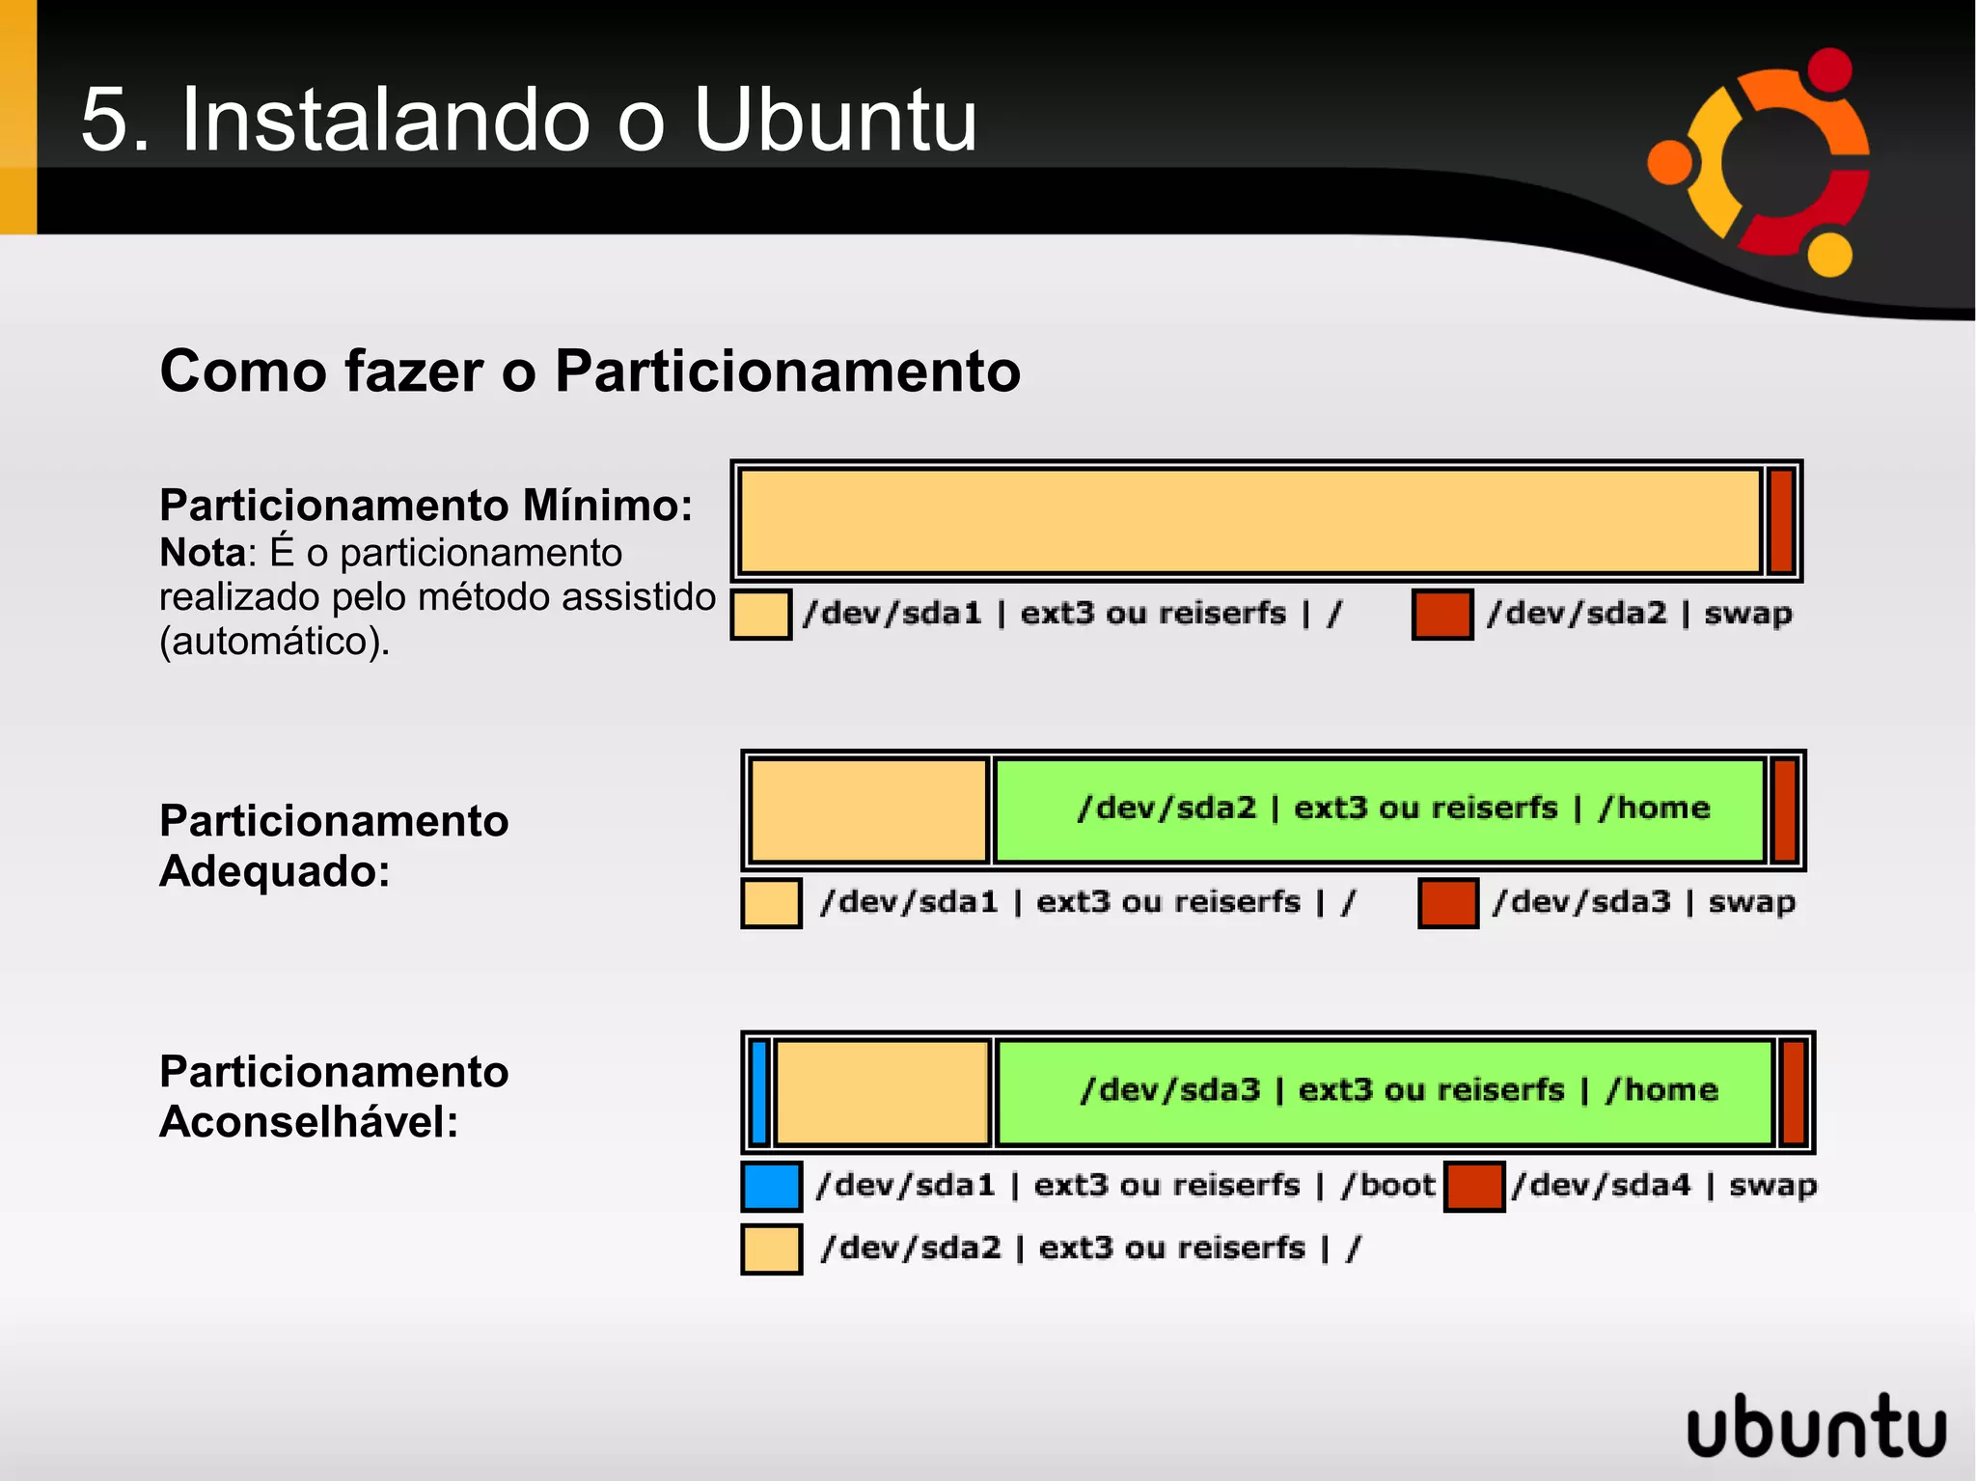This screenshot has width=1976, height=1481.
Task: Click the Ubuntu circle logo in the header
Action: point(1758,162)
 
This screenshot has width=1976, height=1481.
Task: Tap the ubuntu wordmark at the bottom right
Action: point(1816,1426)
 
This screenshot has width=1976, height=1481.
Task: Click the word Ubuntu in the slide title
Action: point(835,120)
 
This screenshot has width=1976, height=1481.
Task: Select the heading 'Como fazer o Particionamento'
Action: point(590,370)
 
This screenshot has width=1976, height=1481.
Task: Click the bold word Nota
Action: point(203,553)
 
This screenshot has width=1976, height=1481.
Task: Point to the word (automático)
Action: point(274,641)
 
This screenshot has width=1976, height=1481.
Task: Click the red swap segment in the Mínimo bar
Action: point(1781,521)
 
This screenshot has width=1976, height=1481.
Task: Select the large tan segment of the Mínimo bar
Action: point(1249,521)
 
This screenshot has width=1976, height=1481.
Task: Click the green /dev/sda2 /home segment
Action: point(1380,809)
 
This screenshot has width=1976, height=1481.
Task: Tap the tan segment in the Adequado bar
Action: point(868,809)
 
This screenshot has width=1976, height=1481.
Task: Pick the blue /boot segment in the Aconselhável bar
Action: point(759,1091)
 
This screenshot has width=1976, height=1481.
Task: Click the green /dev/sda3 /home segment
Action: point(1385,1091)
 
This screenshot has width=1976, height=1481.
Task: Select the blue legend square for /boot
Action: point(771,1186)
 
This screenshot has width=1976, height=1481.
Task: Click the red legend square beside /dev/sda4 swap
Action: point(1474,1186)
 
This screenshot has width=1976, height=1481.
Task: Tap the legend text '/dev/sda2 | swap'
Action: point(1639,614)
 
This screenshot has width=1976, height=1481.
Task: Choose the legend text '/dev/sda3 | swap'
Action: point(1644,902)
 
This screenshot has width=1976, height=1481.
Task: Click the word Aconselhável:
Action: point(309,1121)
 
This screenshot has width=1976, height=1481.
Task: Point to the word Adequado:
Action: point(275,871)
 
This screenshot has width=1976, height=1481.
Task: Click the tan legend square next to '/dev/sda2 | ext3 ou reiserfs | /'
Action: point(771,1248)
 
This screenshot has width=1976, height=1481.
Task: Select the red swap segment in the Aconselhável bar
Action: point(1793,1091)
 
